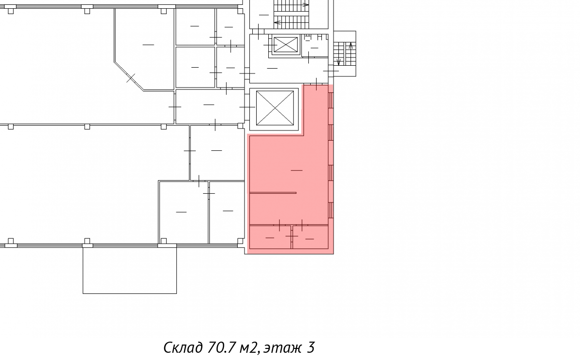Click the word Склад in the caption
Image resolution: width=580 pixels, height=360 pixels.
coord(183,347)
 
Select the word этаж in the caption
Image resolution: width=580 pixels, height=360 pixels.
coord(283,348)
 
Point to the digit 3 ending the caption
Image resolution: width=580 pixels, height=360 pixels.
coord(311,347)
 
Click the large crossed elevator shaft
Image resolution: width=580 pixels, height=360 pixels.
coord(275,108)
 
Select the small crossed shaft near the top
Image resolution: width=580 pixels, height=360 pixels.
coord(286,44)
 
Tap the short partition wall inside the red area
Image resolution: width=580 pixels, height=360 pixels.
coord(273,193)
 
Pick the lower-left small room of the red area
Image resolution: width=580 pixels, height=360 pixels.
coord(270,237)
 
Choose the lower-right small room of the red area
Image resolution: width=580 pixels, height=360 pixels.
coord(310,237)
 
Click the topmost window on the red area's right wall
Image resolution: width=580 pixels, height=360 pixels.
coord(331,100)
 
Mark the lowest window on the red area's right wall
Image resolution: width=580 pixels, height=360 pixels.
coord(331,210)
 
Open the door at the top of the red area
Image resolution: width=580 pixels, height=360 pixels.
coord(316,84)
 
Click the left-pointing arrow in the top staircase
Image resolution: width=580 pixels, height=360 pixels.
coord(277,23)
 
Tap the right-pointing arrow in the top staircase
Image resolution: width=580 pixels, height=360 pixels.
coord(305,5)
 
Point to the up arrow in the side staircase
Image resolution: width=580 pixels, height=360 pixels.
coord(351,46)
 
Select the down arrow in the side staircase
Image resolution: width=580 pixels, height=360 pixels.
coord(338,62)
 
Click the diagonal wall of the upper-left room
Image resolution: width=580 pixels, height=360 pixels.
coord(129,76)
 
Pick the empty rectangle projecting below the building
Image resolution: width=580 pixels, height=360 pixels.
coord(130,271)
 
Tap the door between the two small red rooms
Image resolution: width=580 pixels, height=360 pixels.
coord(292,236)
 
